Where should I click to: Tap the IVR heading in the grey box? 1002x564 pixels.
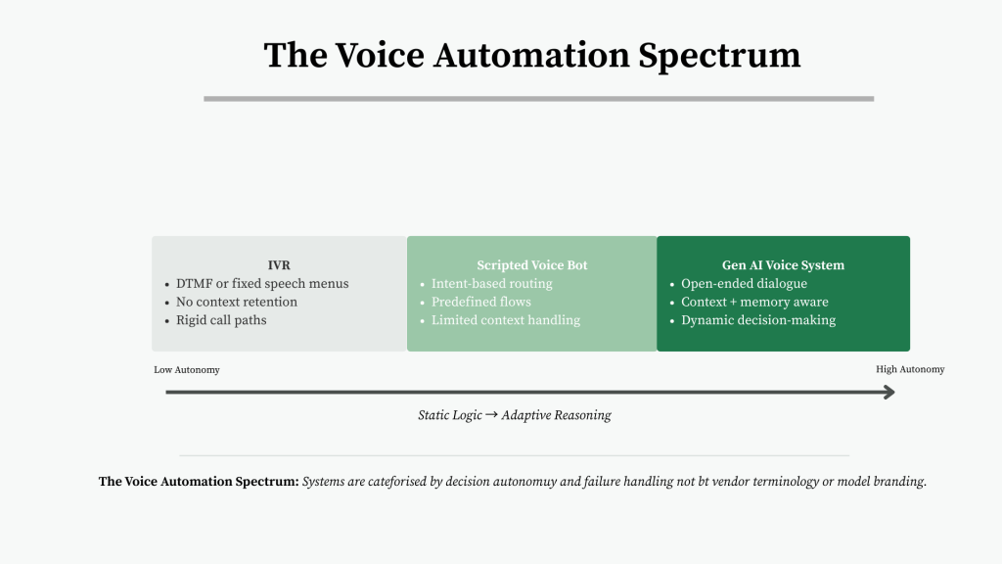tap(279, 265)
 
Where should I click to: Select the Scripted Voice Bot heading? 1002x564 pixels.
tap(532, 265)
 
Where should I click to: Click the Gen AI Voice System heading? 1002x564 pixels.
tap(783, 265)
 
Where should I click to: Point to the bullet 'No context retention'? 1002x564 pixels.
tap(236, 302)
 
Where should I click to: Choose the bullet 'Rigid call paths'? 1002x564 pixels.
tap(221, 320)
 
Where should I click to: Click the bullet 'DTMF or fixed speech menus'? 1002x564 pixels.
tap(262, 284)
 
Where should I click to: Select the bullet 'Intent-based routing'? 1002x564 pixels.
tap(491, 284)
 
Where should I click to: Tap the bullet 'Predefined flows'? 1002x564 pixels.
tap(480, 302)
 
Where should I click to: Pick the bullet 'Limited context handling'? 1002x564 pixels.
tap(505, 320)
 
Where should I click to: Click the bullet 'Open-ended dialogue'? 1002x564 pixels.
tap(744, 284)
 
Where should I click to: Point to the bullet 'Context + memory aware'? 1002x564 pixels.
tap(754, 302)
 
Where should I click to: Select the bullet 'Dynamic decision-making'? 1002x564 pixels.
tap(758, 320)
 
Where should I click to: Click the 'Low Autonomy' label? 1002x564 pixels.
tap(187, 370)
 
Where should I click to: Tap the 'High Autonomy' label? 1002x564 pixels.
tap(910, 370)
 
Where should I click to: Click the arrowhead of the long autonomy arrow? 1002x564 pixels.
tap(888, 393)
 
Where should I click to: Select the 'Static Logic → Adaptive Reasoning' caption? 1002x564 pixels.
tap(515, 415)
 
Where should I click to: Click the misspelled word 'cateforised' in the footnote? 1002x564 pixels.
tap(392, 482)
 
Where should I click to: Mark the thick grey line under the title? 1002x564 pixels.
tap(538, 99)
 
